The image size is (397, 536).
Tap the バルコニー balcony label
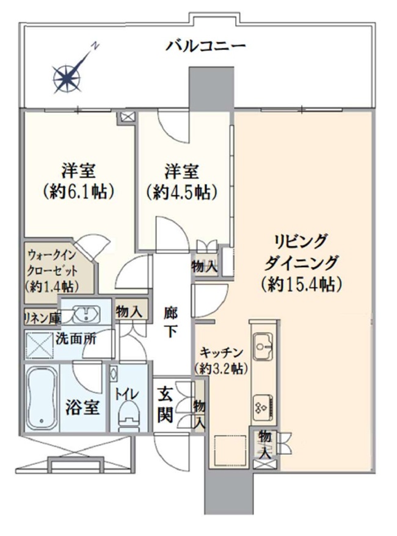pos(205,45)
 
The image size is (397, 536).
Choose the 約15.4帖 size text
pos(300,283)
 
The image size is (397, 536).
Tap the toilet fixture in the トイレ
pos(128,411)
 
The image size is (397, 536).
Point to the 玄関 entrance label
pos(167,405)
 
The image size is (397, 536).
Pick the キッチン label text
pos(222,352)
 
